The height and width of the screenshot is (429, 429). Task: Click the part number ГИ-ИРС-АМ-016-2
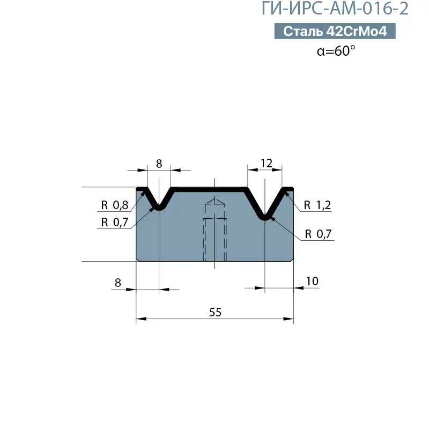pyautogui.click(x=335, y=8)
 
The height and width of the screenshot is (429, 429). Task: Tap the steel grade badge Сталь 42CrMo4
pyautogui.click(x=335, y=31)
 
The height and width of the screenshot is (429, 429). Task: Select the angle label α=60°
pyautogui.click(x=336, y=50)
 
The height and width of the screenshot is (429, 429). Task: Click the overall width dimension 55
pyautogui.click(x=216, y=312)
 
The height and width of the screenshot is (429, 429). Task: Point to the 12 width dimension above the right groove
pyautogui.click(x=266, y=164)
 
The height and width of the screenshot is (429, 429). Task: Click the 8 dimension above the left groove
pyautogui.click(x=159, y=164)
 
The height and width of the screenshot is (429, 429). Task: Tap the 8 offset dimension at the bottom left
pyautogui.click(x=118, y=283)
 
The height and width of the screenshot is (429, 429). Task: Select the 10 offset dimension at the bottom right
pyautogui.click(x=312, y=281)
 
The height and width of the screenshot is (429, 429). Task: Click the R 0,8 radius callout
pyautogui.click(x=115, y=205)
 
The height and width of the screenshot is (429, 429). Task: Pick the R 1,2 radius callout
pyautogui.click(x=317, y=205)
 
